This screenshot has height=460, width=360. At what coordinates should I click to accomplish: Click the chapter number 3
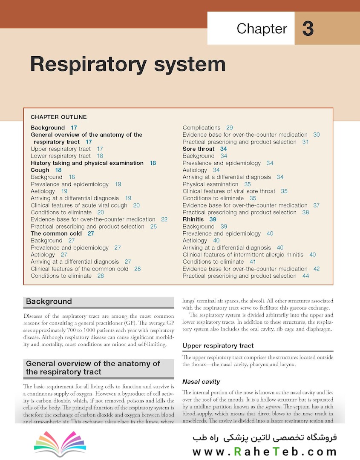[x=308, y=29]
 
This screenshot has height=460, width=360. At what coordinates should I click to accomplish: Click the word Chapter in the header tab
[x=262, y=29]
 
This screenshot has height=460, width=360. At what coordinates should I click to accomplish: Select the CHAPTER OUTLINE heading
[x=59, y=117]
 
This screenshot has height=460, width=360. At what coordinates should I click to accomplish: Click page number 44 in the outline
[x=305, y=276]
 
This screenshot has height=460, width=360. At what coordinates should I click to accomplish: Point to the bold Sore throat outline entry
[x=199, y=149]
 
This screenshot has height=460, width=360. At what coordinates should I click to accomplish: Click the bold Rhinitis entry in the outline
[x=193, y=219]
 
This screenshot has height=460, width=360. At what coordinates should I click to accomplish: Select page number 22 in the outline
[x=164, y=219]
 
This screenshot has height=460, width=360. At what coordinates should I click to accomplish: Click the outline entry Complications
[x=202, y=127]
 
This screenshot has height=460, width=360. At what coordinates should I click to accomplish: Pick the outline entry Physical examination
[x=210, y=184]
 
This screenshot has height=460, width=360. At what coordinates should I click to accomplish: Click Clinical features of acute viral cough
[x=79, y=205]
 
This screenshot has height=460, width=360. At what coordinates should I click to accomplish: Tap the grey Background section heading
[x=49, y=302]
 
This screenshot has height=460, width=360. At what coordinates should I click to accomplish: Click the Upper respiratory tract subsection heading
[x=218, y=345]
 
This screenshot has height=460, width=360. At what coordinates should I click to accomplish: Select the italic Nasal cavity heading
[x=201, y=381]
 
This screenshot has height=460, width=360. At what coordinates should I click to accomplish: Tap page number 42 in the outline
[x=316, y=269]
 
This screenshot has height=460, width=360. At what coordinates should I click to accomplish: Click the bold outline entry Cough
[x=40, y=170]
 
